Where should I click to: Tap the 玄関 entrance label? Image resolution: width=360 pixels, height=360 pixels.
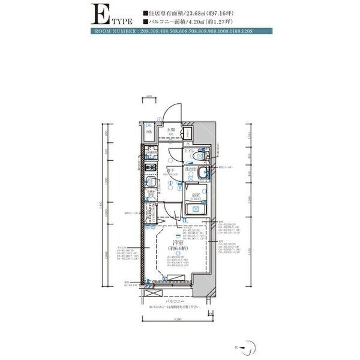170,130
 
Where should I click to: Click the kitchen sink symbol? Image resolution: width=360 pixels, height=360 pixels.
149,181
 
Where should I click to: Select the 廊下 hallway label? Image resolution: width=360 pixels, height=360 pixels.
170,171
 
